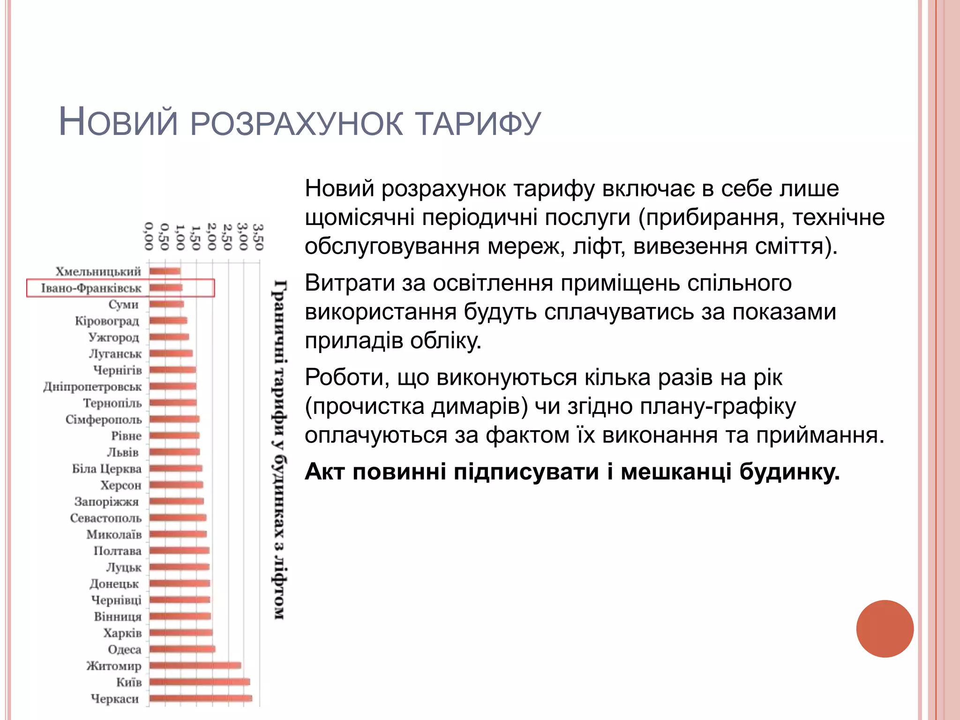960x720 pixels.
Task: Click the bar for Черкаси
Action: coord(201,698)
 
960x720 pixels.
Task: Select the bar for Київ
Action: coord(200,682)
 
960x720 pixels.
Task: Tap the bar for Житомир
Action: coord(195,666)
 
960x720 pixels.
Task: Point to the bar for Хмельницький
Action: coord(165,271)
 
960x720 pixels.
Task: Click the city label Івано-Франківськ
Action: coord(91,288)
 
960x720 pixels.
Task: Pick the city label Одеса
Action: coord(124,649)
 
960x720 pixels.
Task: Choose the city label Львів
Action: coord(123,452)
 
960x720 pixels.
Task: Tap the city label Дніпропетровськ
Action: coord(92,387)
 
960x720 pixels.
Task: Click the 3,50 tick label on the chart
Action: coord(258,237)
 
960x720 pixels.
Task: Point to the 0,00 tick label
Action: coord(149,237)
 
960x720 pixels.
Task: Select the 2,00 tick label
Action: coord(211,237)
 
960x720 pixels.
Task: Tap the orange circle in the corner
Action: coord(885,629)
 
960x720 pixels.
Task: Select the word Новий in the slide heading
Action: coord(118,123)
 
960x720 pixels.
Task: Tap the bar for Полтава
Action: coord(179,551)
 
